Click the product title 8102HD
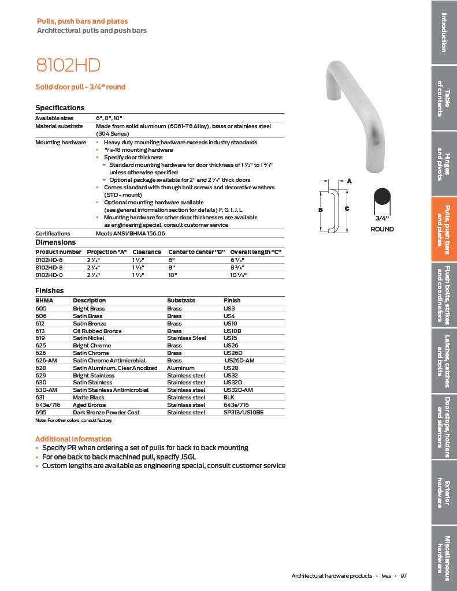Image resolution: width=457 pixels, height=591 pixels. (64, 65)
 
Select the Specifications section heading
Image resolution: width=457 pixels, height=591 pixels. (60, 108)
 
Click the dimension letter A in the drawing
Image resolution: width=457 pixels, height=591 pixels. (349, 181)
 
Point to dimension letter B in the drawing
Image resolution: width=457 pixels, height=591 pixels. (320, 210)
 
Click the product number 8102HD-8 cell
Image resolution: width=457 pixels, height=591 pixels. (50, 268)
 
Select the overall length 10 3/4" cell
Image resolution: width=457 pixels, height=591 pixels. (239, 275)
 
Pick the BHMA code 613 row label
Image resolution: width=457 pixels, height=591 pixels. (40, 331)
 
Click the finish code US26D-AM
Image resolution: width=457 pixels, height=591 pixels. (239, 361)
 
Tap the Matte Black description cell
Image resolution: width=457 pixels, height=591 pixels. (88, 398)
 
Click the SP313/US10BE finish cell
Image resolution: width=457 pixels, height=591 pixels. (243, 413)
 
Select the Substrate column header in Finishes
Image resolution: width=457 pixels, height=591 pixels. (181, 301)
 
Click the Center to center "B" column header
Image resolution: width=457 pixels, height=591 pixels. (196, 252)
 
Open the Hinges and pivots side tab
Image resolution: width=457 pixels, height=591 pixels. (444, 163)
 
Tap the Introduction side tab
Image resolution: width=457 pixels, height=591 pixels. (444, 32)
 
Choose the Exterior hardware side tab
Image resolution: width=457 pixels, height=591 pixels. (444, 493)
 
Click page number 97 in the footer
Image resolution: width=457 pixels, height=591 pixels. (403, 575)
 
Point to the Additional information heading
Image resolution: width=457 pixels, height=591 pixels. (73, 439)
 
